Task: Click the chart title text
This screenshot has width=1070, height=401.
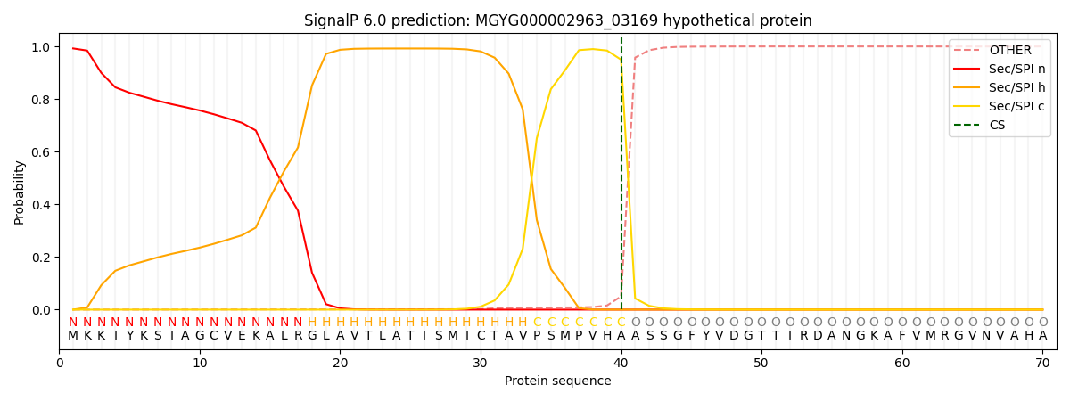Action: point(557,20)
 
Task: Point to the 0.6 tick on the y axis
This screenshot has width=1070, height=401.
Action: point(43,152)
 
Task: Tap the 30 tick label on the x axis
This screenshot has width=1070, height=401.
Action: point(481,364)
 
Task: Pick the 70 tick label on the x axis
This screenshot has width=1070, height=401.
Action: point(1042,364)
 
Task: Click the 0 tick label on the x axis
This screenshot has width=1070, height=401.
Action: point(60,364)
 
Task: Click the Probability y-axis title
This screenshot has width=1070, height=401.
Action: point(20,192)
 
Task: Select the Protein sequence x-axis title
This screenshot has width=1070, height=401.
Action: point(557,381)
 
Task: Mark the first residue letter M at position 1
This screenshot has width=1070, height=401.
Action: point(73,336)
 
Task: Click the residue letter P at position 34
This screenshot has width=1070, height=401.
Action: point(537,336)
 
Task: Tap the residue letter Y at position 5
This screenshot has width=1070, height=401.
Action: point(129,336)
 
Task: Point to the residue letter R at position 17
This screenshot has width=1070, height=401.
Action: point(298,336)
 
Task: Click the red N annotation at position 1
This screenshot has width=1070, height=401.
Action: point(73,323)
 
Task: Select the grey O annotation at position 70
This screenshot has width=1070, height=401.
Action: point(1042,323)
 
